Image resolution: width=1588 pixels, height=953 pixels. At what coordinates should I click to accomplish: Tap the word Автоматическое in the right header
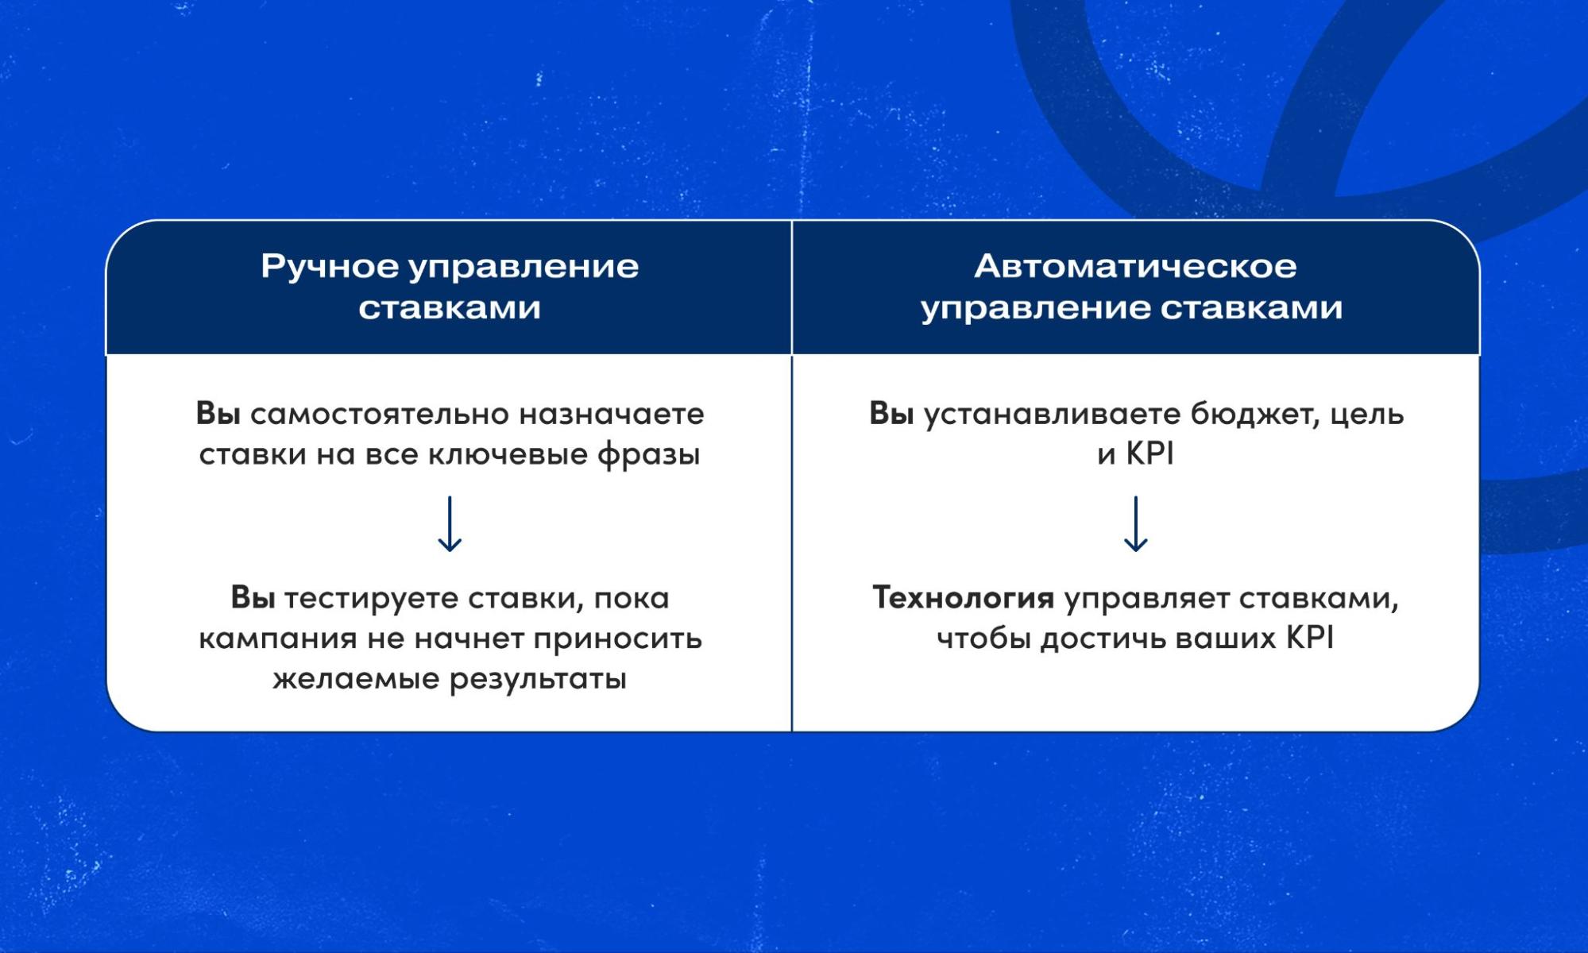click(1135, 267)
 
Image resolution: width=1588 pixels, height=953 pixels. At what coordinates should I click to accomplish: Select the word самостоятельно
click(380, 415)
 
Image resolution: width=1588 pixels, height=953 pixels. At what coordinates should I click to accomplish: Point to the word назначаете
click(611, 415)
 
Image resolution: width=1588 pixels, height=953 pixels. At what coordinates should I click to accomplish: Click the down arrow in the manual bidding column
click(450, 524)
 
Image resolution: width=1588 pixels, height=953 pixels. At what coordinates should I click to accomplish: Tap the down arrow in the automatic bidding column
click(1135, 524)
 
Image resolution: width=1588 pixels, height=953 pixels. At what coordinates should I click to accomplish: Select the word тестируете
click(370, 599)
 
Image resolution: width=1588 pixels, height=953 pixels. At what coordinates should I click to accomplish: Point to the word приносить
click(617, 639)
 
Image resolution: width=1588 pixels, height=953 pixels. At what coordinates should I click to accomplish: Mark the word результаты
click(538, 680)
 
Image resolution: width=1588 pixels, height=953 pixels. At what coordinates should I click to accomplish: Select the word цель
click(1366, 415)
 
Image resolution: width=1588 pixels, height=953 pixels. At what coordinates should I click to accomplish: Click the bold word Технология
click(963, 598)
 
